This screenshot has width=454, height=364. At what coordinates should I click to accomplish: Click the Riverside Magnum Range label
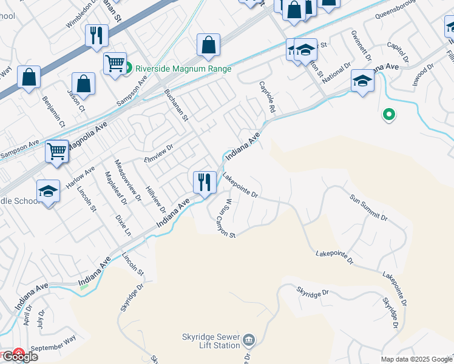[183, 69]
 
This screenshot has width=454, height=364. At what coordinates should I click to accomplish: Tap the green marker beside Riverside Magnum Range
[128, 69]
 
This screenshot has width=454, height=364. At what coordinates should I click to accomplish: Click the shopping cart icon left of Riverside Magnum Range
[115, 63]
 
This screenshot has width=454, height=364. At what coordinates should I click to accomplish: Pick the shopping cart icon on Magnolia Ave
[56, 151]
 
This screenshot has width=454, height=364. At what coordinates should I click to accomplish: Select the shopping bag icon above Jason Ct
[83, 84]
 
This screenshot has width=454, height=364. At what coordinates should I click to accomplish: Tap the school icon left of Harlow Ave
[48, 190]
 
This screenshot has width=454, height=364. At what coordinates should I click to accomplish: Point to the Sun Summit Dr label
[369, 206]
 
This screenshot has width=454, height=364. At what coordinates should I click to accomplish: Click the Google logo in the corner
[19, 356]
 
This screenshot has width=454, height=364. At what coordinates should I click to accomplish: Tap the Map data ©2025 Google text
[416, 359]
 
